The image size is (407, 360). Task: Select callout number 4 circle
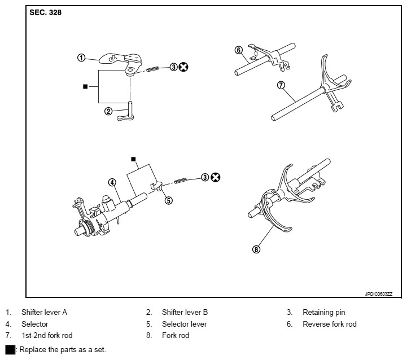(x=112, y=182)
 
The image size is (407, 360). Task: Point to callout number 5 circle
(x=168, y=199)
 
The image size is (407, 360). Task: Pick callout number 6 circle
(x=239, y=50)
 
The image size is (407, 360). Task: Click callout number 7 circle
(x=281, y=86)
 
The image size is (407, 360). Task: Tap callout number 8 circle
(x=256, y=250)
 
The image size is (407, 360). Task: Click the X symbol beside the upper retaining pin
(x=183, y=67)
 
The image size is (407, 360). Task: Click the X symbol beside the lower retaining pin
(x=216, y=178)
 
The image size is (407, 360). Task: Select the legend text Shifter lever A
(x=44, y=312)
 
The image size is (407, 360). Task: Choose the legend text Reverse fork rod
(x=330, y=324)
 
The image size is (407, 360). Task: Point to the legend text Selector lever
(x=184, y=324)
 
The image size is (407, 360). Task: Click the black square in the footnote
(x=10, y=350)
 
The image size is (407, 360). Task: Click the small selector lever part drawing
(x=156, y=187)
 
